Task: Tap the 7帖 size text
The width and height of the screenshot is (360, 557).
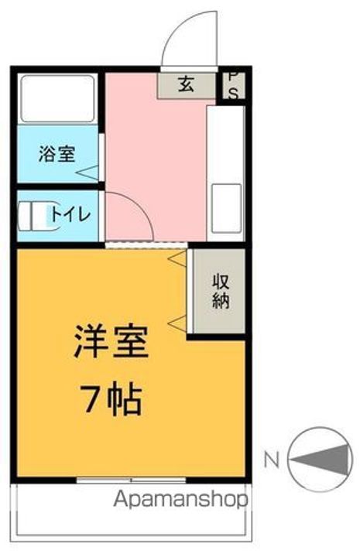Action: point(111,402)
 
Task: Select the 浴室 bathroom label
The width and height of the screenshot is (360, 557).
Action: point(57,153)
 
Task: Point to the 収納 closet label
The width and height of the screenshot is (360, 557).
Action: point(221,290)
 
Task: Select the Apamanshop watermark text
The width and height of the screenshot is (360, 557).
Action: point(180,500)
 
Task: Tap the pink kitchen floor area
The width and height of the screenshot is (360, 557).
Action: point(155,155)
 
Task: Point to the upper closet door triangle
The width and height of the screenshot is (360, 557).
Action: point(177,258)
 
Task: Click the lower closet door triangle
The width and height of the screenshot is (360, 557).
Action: point(177,320)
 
